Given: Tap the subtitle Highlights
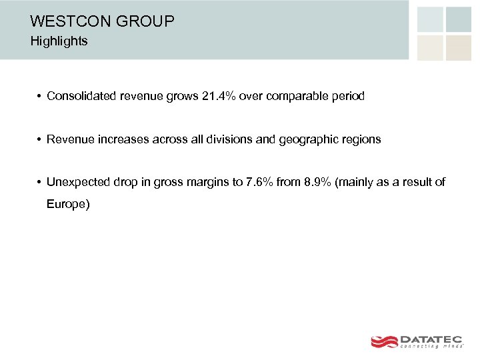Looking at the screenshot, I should tap(59, 41).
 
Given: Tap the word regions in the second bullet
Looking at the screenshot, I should tap(361, 139).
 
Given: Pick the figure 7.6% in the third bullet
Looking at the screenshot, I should tap(261, 183).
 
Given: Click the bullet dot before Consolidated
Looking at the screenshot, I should tap(39, 97).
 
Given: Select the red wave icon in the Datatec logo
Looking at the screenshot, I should tap(384, 341).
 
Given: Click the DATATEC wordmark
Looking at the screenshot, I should tap(431, 339).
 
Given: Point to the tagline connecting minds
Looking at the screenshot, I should tap(431, 347).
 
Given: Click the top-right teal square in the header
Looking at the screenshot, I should tap(458, 19).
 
